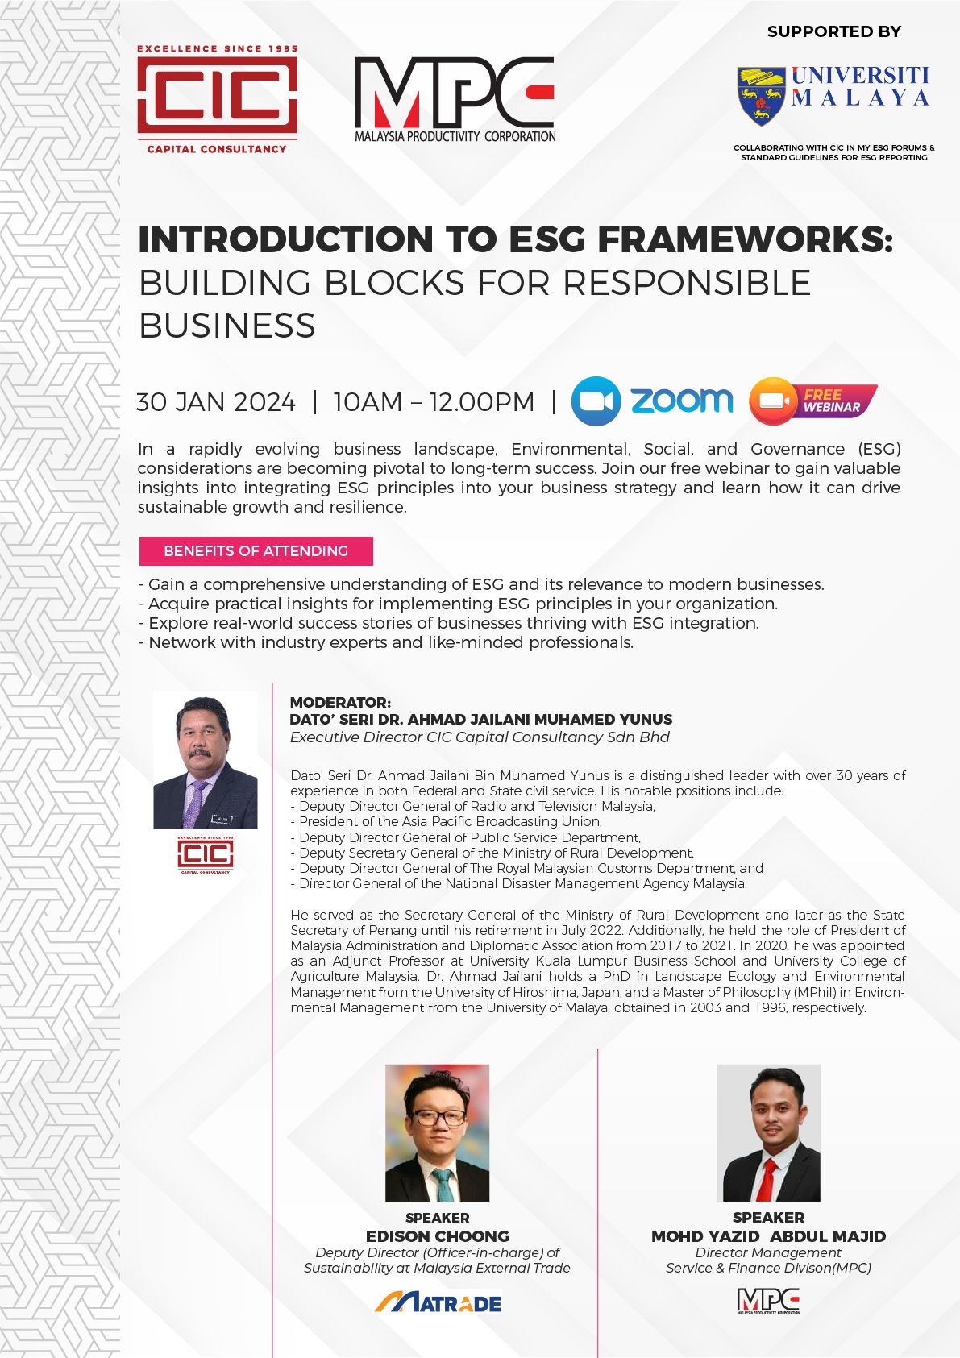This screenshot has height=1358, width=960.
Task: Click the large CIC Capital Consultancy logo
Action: pos(217,99)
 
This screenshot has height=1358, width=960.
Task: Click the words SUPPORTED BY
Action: pos(834,31)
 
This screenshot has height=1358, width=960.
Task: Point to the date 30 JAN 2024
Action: pos(216,402)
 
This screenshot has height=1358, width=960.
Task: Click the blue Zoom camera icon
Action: pos(596,401)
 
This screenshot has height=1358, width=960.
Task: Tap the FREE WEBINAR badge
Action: pos(812,401)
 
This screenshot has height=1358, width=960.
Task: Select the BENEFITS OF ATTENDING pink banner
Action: pos(256,550)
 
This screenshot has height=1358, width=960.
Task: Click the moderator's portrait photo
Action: pos(205,760)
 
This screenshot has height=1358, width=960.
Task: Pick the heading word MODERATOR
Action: pos(339,702)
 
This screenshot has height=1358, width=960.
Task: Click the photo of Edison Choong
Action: pos(437,1132)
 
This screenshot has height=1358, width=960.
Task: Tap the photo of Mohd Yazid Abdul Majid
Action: pos(768,1132)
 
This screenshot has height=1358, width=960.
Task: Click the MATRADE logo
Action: pos(438,1302)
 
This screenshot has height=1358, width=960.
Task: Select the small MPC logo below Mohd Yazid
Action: pos(768,1301)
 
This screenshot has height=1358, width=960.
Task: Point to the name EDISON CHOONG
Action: pos(437,1235)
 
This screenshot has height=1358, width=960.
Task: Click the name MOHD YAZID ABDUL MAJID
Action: pos(768,1235)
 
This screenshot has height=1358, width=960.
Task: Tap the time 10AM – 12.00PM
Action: pos(434,402)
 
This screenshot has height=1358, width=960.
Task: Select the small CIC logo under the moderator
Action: pos(205,854)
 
